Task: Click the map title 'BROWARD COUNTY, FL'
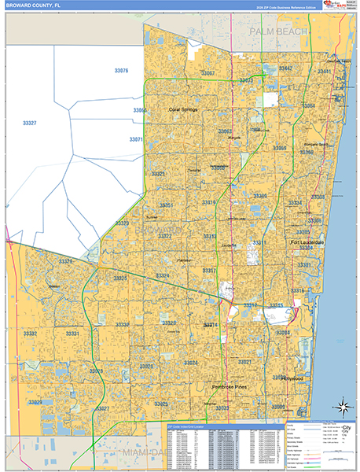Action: (x=34, y=6)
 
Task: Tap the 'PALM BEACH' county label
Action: (x=278, y=30)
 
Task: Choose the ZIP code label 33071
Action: (x=137, y=139)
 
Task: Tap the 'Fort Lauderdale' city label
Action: (x=307, y=242)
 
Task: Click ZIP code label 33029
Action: (x=35, y=402)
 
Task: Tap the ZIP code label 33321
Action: (x=158, y=174)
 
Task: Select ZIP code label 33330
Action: (x=123, y=324)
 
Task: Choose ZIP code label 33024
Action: (x=190, y=363)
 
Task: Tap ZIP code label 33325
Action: (x=120, y=278)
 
